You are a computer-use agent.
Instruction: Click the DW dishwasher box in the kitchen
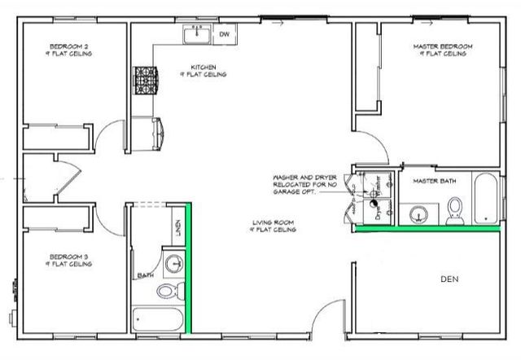point(224,34)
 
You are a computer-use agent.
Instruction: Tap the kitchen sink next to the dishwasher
point(196,34)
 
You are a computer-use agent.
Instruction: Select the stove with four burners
point(145,81)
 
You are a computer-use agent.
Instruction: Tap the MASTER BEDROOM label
point(440,50)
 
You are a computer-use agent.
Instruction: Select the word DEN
point(449,279)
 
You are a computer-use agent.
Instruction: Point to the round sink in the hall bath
point(173,264)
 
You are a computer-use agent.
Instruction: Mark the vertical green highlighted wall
point(190,268)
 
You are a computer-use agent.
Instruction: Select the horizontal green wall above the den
point(427,230)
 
